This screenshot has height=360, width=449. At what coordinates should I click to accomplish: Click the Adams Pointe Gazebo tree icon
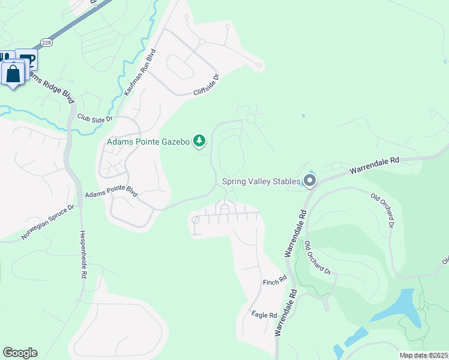pos(199,142)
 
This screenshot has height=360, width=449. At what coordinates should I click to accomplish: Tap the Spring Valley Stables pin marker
pos(310,180)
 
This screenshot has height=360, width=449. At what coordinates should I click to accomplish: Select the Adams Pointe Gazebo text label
pos(148,142)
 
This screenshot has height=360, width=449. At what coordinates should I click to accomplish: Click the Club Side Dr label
pos(95,118)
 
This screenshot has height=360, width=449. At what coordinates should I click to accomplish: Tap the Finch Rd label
pos(275,281)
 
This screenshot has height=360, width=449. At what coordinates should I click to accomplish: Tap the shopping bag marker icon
pos(13,74)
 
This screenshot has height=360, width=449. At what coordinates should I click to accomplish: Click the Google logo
pos(20,353)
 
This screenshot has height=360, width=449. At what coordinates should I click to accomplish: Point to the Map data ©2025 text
pos(424,355)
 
